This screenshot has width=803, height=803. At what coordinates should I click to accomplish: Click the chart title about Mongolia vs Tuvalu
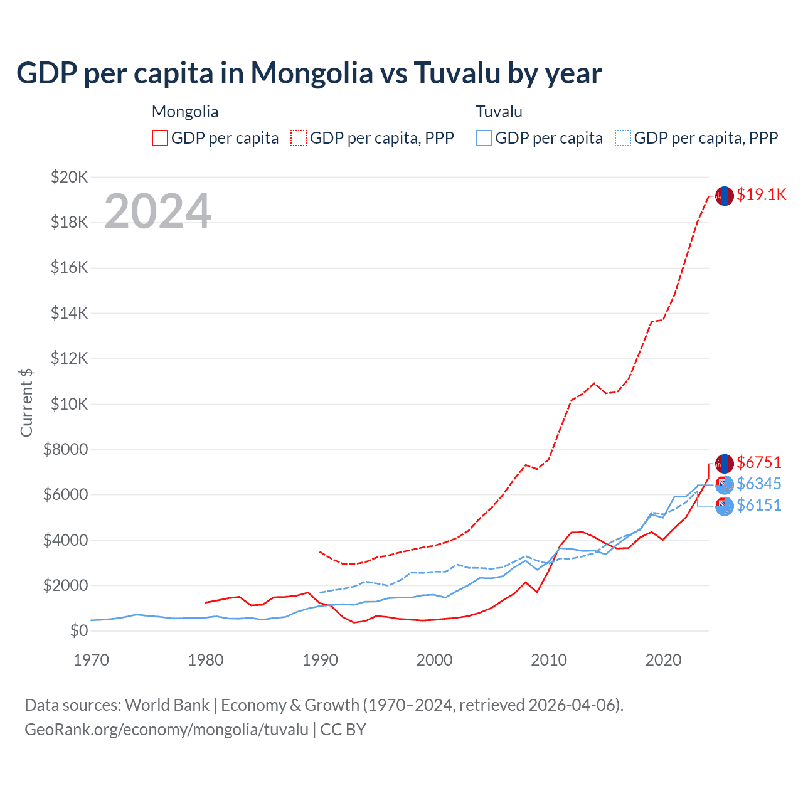[309, 73]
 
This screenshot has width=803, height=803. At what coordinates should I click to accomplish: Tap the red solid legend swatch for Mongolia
[160, 138]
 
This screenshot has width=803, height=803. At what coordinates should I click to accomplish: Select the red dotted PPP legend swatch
[299, 138]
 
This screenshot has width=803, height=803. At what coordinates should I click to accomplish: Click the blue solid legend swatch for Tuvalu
[484, 138]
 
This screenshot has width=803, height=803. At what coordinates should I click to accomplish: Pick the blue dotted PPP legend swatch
[623, 138]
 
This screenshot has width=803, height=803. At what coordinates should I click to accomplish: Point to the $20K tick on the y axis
[69, 177]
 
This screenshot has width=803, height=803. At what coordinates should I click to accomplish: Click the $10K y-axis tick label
[69, 404]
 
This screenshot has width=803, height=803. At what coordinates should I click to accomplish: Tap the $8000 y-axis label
[66, 449]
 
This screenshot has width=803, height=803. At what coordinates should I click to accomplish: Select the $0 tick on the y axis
[79, 630]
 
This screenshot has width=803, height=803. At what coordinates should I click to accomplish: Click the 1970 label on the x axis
[91, 660]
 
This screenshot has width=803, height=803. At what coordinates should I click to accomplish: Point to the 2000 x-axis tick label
[434, 660]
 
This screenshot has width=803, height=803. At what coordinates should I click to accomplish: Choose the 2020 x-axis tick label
[663, 660]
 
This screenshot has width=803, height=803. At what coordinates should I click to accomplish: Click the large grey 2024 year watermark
[157, 211]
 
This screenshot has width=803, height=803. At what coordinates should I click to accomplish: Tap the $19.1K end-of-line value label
[761, 194]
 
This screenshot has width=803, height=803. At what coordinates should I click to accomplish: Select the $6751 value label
[759, 462]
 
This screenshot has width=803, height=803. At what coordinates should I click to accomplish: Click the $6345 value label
[759, 484]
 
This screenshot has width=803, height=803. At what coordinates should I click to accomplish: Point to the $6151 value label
[759, 505]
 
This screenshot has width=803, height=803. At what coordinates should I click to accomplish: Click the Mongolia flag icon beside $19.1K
[725, 196]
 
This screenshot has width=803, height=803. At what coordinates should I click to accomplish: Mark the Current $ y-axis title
[26, 403]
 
